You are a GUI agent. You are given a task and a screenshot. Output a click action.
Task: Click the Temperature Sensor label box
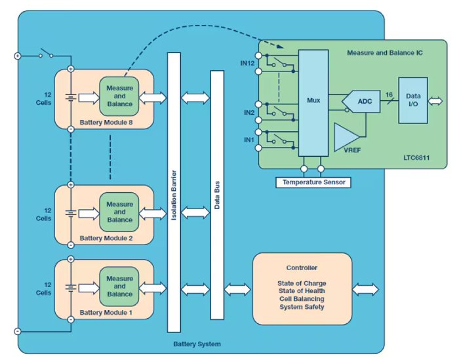pos(313,182)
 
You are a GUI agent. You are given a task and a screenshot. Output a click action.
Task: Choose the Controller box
pos(302,288)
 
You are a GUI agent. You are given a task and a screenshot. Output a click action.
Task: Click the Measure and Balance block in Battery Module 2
pos(119,212)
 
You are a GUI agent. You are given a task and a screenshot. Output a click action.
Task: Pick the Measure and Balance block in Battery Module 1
pos(119,287)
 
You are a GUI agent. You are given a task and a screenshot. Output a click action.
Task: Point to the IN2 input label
pos(249,113)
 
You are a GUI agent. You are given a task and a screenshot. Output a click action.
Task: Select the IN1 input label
pos(249,140)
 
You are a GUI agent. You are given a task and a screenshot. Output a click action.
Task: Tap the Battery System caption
pos(197,344)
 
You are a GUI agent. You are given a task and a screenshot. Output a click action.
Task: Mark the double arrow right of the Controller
pos(366,289)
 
